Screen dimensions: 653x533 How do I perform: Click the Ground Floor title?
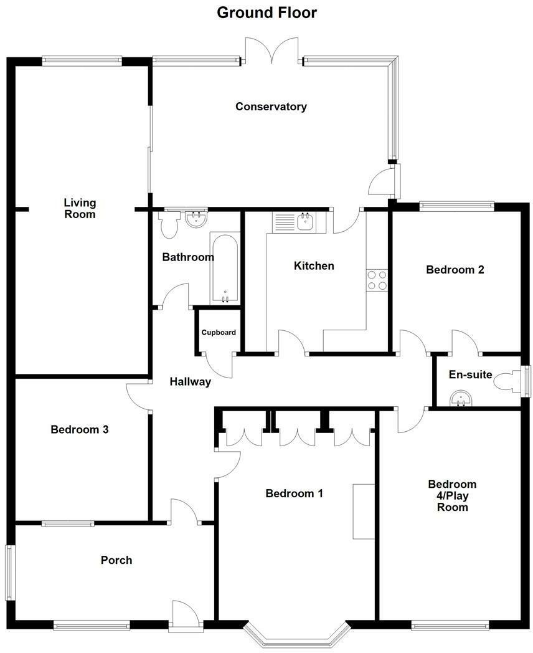(266, 12)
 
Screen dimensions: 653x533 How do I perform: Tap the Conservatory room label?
(271, 107)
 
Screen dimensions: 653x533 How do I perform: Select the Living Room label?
(80, 208)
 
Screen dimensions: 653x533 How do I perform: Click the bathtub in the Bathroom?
(224, 268)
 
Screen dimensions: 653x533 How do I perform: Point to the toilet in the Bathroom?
(168, 225)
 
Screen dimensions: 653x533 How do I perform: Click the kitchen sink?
(305, 221)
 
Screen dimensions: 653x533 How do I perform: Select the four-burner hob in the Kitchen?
(377, 280)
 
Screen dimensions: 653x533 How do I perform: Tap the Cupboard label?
(219, 332)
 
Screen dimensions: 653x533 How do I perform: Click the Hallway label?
(191, 382)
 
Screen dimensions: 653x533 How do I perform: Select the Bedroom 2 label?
(455, 270)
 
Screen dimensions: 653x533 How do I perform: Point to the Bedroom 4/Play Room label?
(452, 495)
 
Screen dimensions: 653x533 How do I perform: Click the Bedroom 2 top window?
(456, 204)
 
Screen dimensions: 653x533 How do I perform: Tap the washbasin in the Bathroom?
(197, 219)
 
